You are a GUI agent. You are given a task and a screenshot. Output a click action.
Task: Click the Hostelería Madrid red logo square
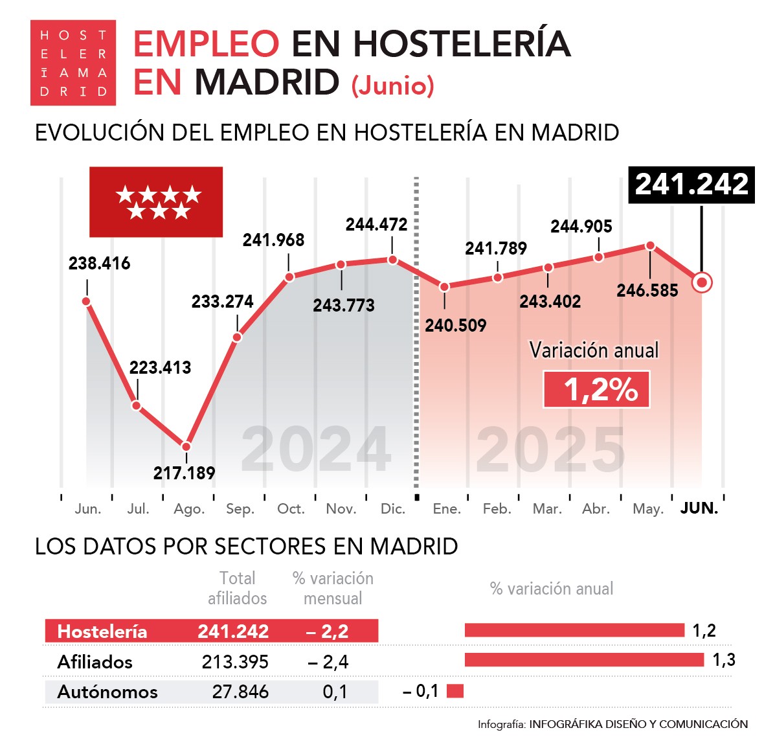(73, 63)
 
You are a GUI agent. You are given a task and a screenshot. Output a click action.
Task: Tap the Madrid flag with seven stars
(156, 202)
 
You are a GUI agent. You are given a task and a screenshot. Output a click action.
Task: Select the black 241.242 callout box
(691, 185)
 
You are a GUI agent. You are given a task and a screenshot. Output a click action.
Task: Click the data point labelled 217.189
(186, 446)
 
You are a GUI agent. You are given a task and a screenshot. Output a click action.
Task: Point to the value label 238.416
(99, 264)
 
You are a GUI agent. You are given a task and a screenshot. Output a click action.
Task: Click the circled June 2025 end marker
(702, 282)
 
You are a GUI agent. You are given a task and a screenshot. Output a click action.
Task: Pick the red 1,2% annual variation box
(596, 389)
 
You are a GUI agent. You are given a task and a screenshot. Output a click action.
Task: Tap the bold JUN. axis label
(699, 508)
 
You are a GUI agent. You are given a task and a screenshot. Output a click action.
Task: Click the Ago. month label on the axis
(189, 509)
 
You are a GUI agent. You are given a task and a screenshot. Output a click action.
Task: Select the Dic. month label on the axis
(392, 509)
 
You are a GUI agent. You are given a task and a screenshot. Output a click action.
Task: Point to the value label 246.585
(647, 291)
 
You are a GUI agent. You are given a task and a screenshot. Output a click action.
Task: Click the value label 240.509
(455, 325)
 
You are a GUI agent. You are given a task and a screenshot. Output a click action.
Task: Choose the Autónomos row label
(107, 692)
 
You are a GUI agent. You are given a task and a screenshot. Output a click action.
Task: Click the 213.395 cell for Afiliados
(235, 662)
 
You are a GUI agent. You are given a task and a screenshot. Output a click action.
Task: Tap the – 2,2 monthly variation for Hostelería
(328, 631)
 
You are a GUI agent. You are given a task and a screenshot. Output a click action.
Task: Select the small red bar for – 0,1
(455, 691)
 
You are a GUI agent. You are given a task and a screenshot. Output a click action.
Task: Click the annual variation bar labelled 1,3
(584, 660)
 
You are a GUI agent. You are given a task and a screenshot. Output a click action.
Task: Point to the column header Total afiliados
(237, 588)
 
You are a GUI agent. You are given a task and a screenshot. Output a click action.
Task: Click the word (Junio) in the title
(392, 85)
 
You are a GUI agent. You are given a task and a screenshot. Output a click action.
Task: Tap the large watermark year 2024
(316, 449)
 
